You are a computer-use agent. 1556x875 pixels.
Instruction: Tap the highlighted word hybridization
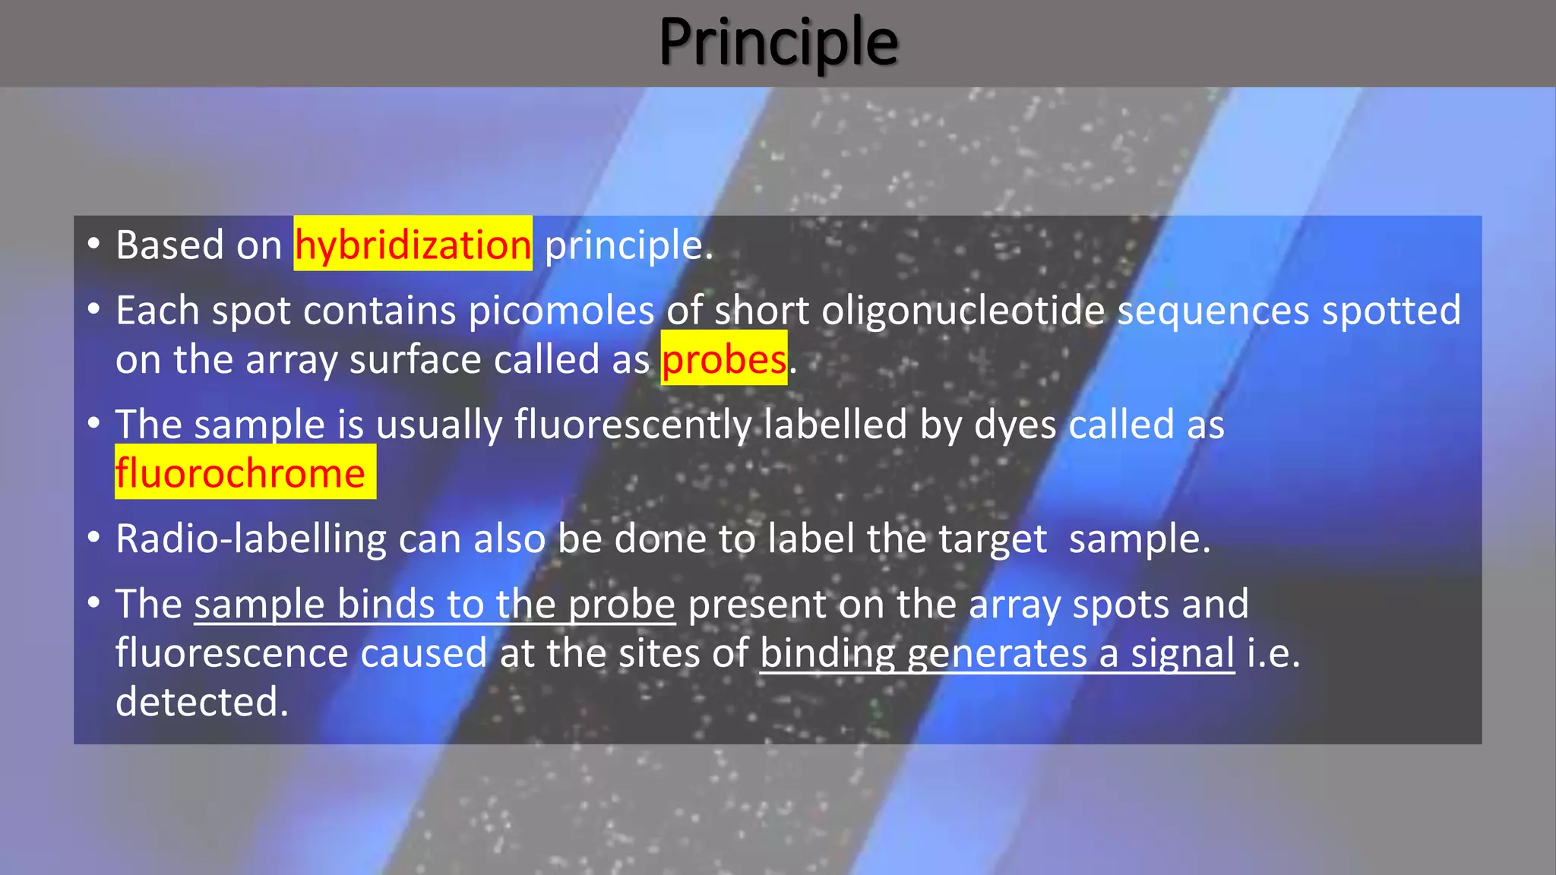(413, 245)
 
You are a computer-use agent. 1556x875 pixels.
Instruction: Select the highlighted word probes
(723, 359)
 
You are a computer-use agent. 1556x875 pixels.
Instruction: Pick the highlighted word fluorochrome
(241, 473)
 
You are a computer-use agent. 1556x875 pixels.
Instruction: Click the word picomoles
(561, 311)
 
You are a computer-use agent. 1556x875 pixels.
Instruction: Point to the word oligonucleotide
(963, 311)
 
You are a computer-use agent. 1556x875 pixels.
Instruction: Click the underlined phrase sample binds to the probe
(435, 605)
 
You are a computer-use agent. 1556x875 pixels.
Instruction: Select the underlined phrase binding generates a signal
(997, 653)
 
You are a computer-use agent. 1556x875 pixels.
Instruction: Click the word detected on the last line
(202, 702)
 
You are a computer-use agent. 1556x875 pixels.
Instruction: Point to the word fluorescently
(633, 425)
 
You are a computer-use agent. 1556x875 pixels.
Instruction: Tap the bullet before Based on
(93, 244)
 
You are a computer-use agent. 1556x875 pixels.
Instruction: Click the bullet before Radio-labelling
(93, 538)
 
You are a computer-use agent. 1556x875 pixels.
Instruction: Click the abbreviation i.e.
(1273, 653)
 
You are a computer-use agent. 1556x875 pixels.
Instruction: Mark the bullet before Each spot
(93, 309)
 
